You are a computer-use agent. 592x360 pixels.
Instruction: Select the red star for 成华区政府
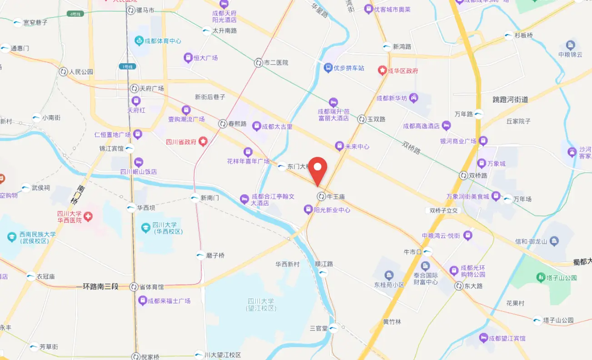(383, 71)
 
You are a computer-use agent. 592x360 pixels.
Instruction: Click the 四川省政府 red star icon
(203, 142)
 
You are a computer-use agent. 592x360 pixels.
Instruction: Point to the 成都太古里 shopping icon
(257, 126)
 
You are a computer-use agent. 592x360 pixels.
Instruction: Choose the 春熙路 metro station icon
(223, 123)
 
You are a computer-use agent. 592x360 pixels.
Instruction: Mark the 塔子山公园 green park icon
(540, 277)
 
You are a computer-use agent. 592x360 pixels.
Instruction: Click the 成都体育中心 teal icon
(139, 41)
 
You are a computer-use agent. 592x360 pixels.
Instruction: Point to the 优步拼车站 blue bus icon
(328, 68)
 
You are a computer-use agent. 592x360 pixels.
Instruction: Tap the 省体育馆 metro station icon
(134, 287)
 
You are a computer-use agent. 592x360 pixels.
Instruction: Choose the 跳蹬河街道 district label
(511, 100)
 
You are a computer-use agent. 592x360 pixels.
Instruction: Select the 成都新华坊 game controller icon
(414, 98)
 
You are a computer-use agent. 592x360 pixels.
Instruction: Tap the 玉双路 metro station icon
(362, 119)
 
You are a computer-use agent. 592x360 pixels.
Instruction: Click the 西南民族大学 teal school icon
(11, 237)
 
